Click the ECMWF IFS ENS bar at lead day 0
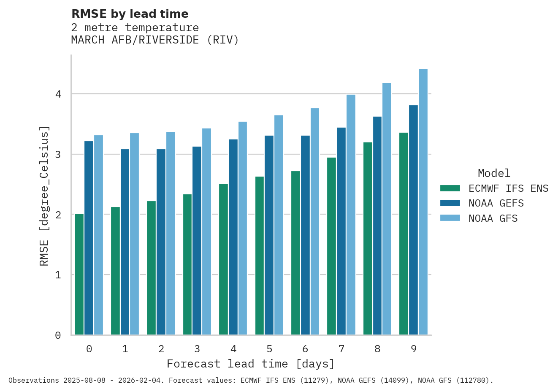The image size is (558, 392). click(x=79, y=275)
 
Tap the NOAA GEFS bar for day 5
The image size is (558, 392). click(x=269, y=235)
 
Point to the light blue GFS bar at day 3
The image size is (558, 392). click(x=206, y=231)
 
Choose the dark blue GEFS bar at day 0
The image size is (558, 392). click(x=89, y=238)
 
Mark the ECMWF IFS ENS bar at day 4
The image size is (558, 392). click(x=223, y=259)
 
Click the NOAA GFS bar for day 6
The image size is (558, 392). click(x=315, y=221)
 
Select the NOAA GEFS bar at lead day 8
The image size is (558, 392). click(x=377, y=226)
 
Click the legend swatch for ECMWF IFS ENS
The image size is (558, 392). click(x=450, y=188)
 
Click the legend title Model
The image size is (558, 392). click(x=494, y=173)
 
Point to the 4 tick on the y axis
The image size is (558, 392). click(x=58, y=94)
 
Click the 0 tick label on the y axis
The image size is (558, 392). click(x=58, y=335)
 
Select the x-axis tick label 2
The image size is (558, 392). click(x=161, y=349)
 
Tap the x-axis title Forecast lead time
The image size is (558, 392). click(x=251, y=364)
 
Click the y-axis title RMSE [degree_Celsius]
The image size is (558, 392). click(x=44, y=196)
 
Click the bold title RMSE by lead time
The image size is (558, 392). click(x=130, y=14)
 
